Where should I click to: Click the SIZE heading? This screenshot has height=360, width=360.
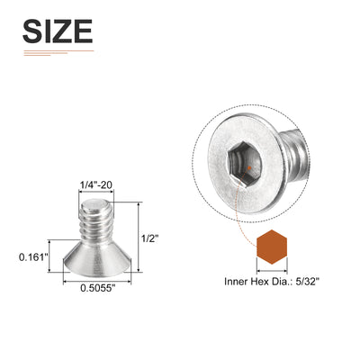[x=58, y=31]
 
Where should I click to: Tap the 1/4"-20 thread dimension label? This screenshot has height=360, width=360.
[x=96, y=185]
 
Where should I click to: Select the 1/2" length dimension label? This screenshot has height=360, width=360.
[x=149, y=239]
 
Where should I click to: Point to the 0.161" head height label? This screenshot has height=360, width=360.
[x=33, y=256]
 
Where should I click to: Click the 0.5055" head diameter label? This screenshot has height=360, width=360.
[x=98, y=288]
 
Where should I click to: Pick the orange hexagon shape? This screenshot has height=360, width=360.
[x=272, y=247]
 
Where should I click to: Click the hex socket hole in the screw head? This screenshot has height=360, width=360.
[x=245, y=165]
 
